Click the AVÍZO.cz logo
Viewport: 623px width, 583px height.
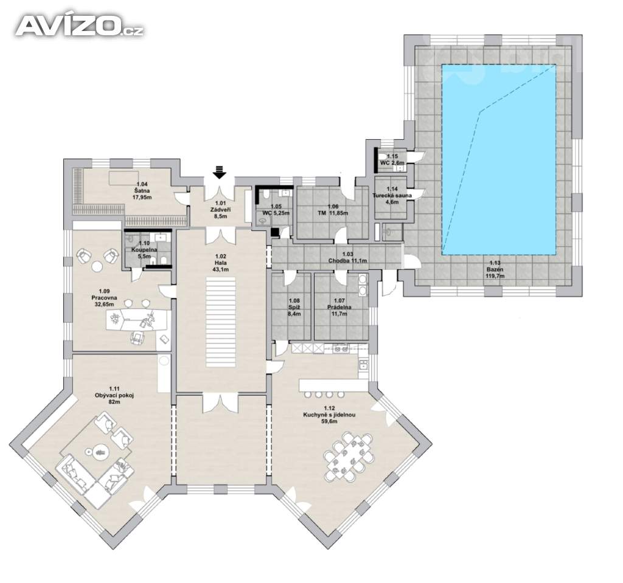(x=79, y=27)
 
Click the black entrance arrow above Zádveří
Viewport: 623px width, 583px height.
(x=219, y=173)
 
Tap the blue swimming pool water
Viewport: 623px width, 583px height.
(x=499, y=159)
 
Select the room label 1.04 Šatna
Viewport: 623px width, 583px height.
(x=142, y=190)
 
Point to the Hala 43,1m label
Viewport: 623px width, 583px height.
(x=220, y=266)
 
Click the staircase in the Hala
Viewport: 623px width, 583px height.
(x=220, y=322)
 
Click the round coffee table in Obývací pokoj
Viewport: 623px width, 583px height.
(x=99, y=452)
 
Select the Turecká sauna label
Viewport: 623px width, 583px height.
(x=392, y=196)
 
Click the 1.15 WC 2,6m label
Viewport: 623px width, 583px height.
(x=392, y=160)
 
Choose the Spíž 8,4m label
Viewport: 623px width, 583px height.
(x=294, y=307)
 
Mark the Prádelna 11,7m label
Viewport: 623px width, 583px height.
(x=339, y=307)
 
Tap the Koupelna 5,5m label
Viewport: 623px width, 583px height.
(x=144, y=250)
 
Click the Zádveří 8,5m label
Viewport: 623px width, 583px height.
(x=220, y=210)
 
